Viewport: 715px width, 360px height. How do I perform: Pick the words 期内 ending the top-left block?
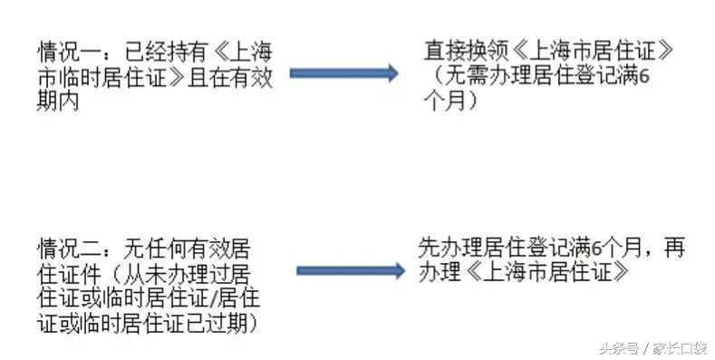pyautogui.click(x=56, y=101)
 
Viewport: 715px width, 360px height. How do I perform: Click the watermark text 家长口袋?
pyautogui.click(x=680, y=345)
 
